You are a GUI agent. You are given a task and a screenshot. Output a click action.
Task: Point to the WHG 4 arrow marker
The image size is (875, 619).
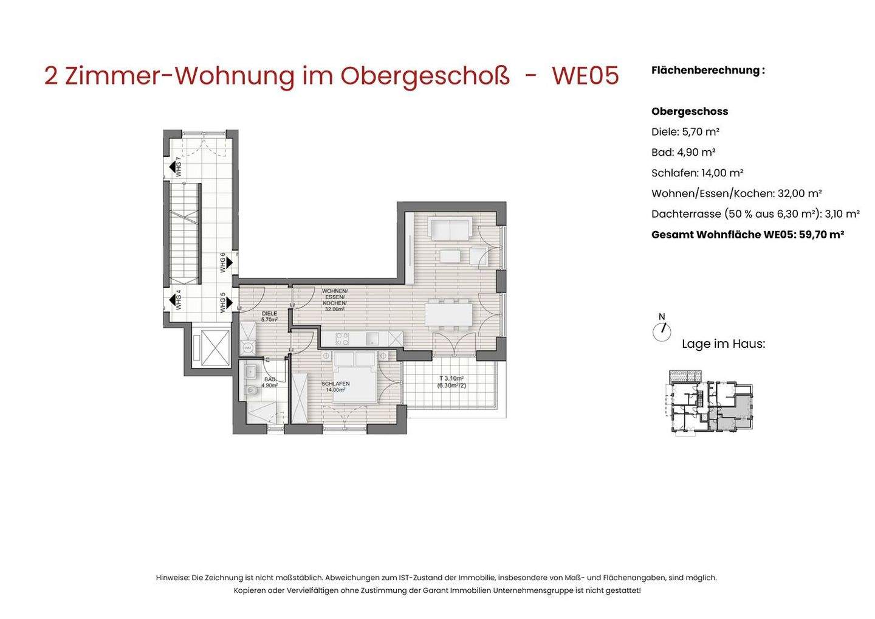pos(173,300)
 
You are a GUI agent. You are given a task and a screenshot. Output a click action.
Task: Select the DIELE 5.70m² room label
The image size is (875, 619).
pos(269,316)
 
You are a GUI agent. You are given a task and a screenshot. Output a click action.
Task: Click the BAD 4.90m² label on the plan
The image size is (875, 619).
pos(269,382)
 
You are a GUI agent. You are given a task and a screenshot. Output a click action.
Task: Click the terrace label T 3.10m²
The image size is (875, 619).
pos(451,381)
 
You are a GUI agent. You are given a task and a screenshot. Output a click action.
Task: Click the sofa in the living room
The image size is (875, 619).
pos(450,229)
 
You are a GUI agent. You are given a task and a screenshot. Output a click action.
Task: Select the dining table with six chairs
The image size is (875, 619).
pos(448,314)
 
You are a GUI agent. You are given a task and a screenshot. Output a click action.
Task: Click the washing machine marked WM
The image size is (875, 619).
pos(247,348)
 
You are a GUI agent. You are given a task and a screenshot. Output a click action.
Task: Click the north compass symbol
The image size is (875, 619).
pos(662,330)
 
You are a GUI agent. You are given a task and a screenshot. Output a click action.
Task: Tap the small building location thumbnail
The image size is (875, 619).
pos(711,401)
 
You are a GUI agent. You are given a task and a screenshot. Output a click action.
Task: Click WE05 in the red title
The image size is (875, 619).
pos(585,76)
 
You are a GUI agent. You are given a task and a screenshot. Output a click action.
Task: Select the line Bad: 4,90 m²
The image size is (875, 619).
pos(683,152)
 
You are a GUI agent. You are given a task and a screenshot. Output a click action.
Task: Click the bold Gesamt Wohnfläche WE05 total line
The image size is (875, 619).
pos(747,235)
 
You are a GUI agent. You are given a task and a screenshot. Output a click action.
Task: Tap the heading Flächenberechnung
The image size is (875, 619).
pos(708,70)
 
